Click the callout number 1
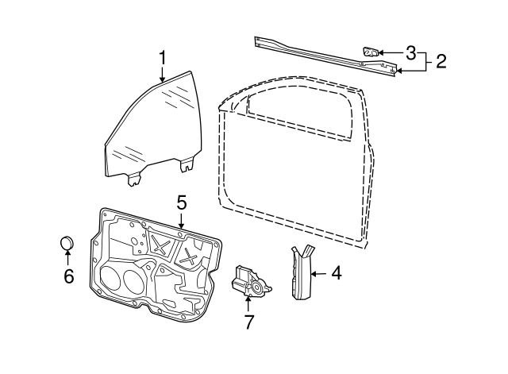tap(163, 58)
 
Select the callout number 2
tap(441, 61)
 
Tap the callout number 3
tap(410, 53)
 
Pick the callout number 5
tap(181, 203)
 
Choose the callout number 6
tap(68, 276)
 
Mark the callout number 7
tap(248, 322)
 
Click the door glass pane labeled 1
tap(151, 127)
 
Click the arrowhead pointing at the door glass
tap(163, 79)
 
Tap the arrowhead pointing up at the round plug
tap(68, 254)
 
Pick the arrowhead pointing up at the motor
tap(248, 301)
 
